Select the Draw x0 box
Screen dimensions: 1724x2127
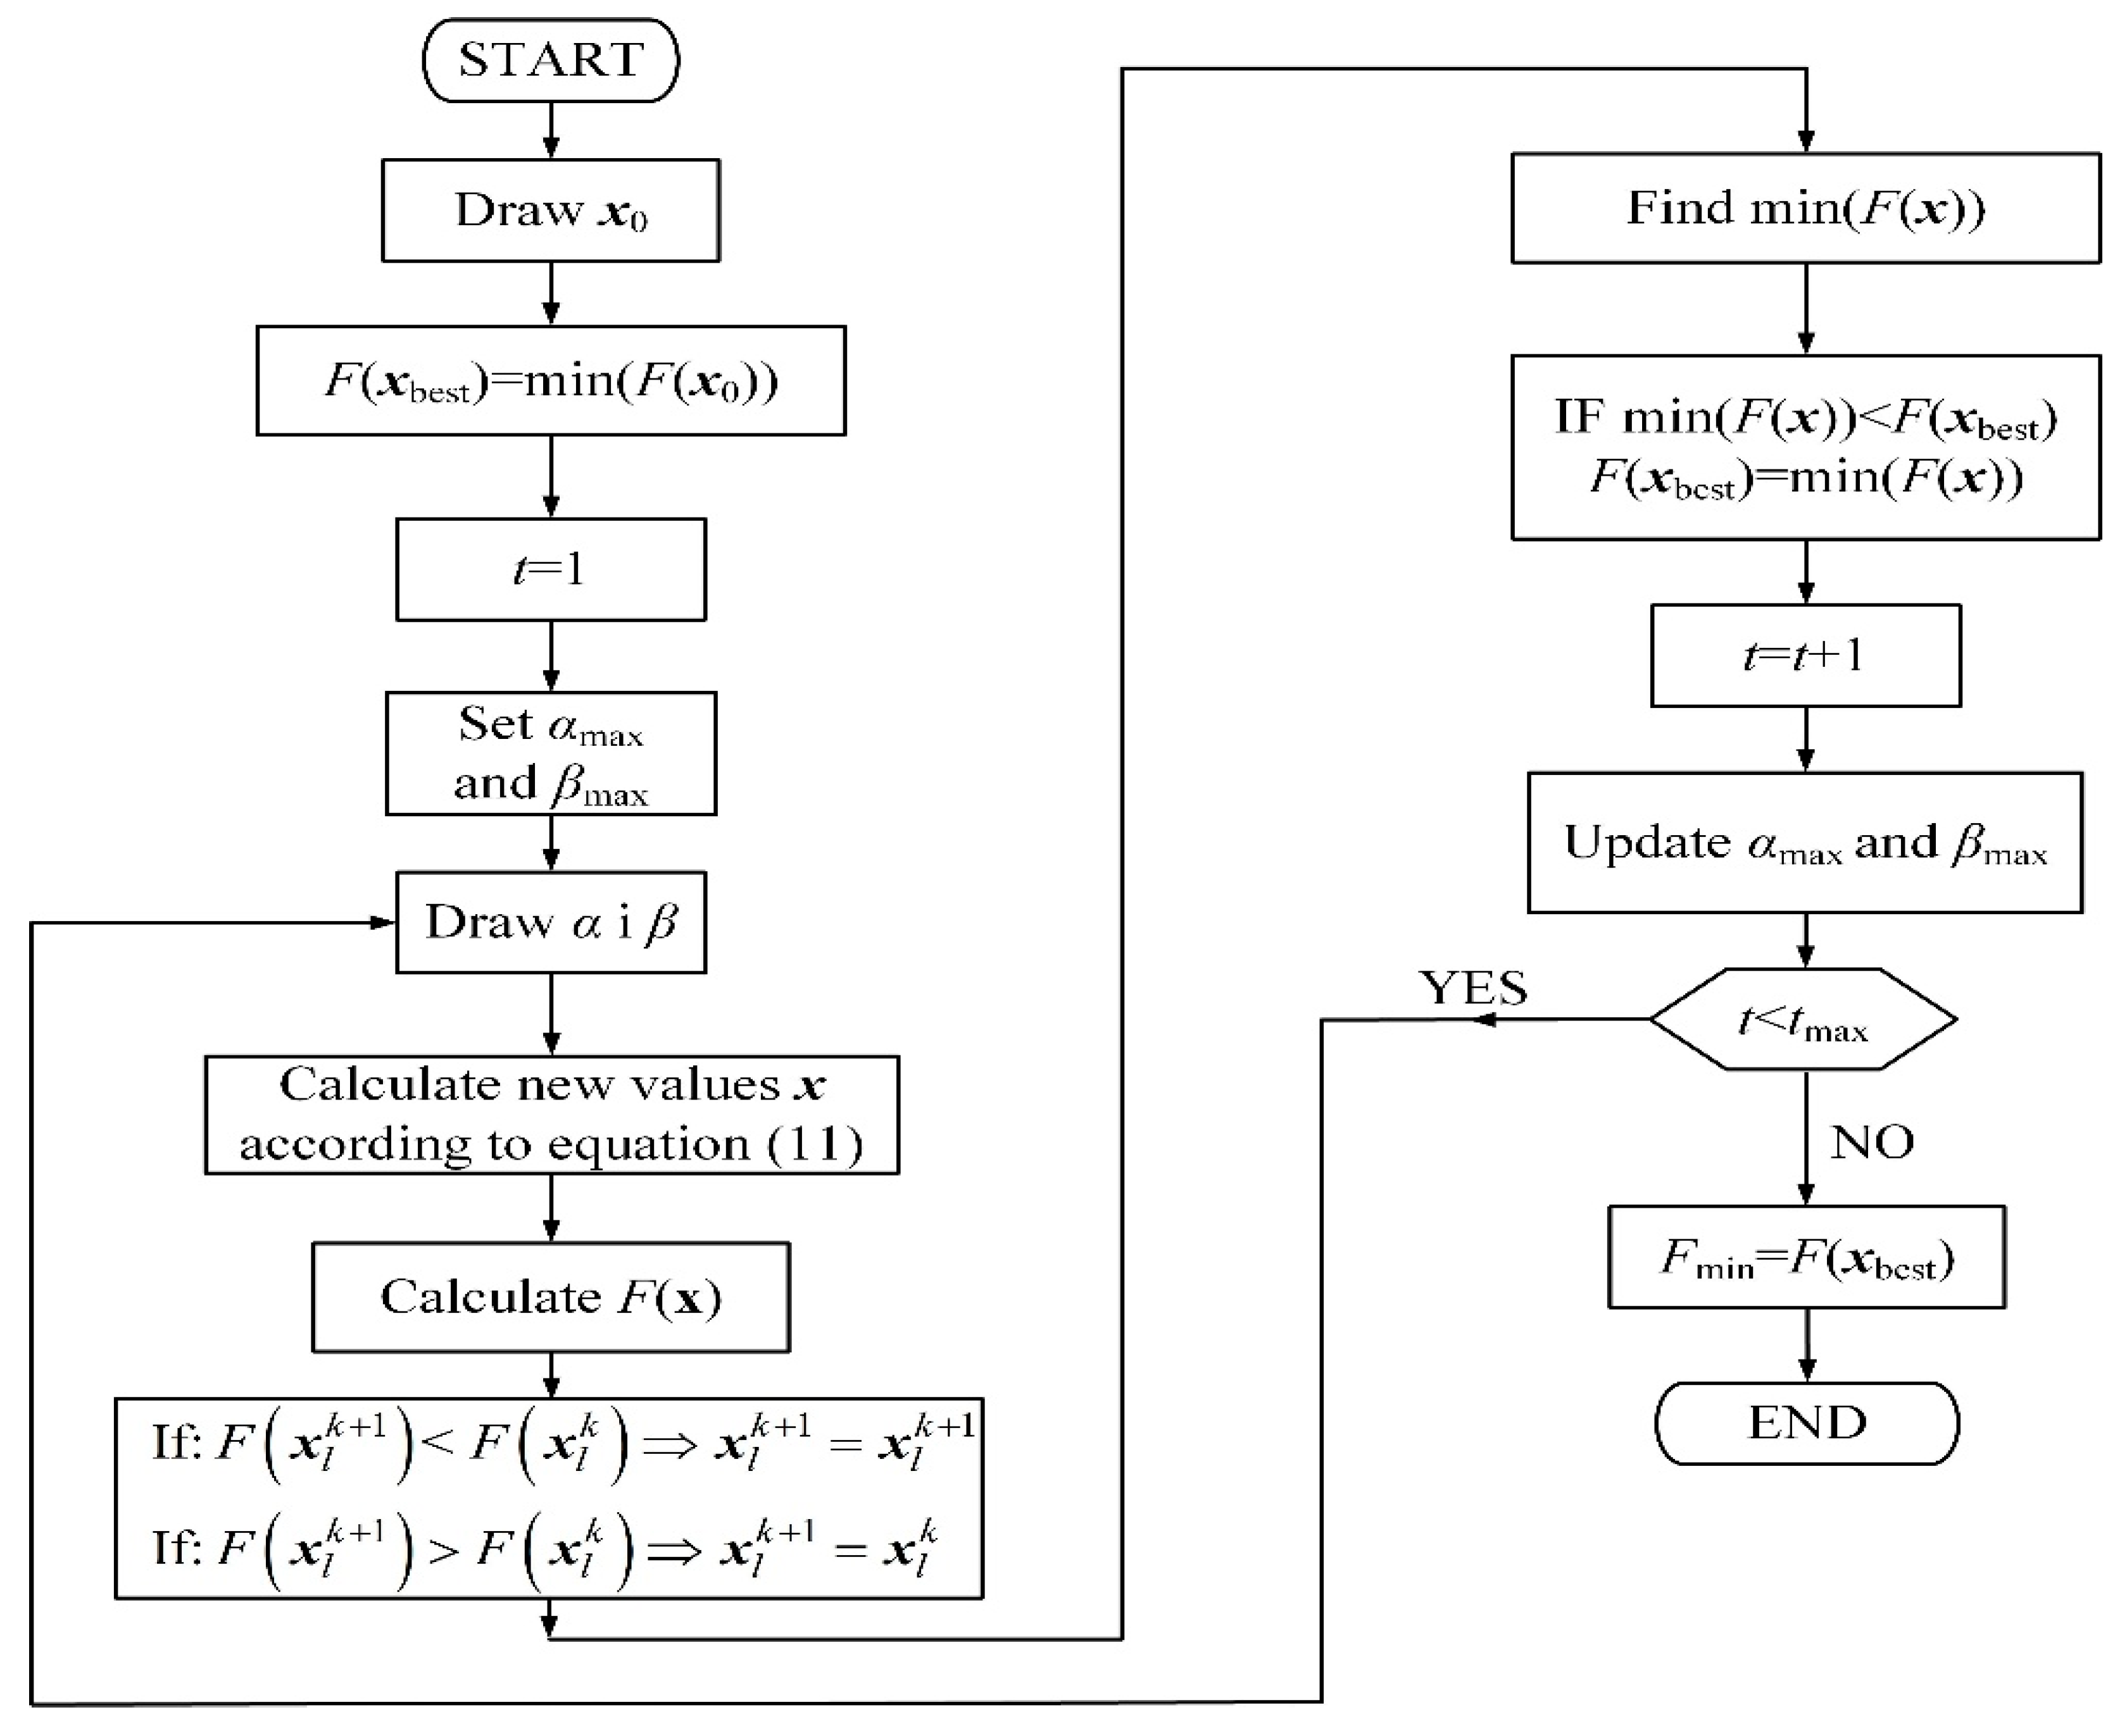[550, 211]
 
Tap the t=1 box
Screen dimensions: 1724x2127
[550, 569]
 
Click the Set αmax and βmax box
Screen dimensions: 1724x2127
[550, 753]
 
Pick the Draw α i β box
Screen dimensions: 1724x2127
[550, 922]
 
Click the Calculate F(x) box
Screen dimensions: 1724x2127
[550, 1296]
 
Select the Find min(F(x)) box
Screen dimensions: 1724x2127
[1805, 208]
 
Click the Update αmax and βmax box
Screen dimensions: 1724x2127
[1805, 842]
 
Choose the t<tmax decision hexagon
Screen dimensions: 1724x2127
[1803, 1019]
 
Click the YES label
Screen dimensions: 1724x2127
[1473, 987]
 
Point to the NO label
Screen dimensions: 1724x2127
[1872, 1142]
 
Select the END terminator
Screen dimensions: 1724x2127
[1806, 1423]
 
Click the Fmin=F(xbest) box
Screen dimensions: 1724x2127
[1806, 1257]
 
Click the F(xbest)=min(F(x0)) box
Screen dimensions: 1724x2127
[550, 380]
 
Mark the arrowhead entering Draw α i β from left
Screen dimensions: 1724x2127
[384, 922]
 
